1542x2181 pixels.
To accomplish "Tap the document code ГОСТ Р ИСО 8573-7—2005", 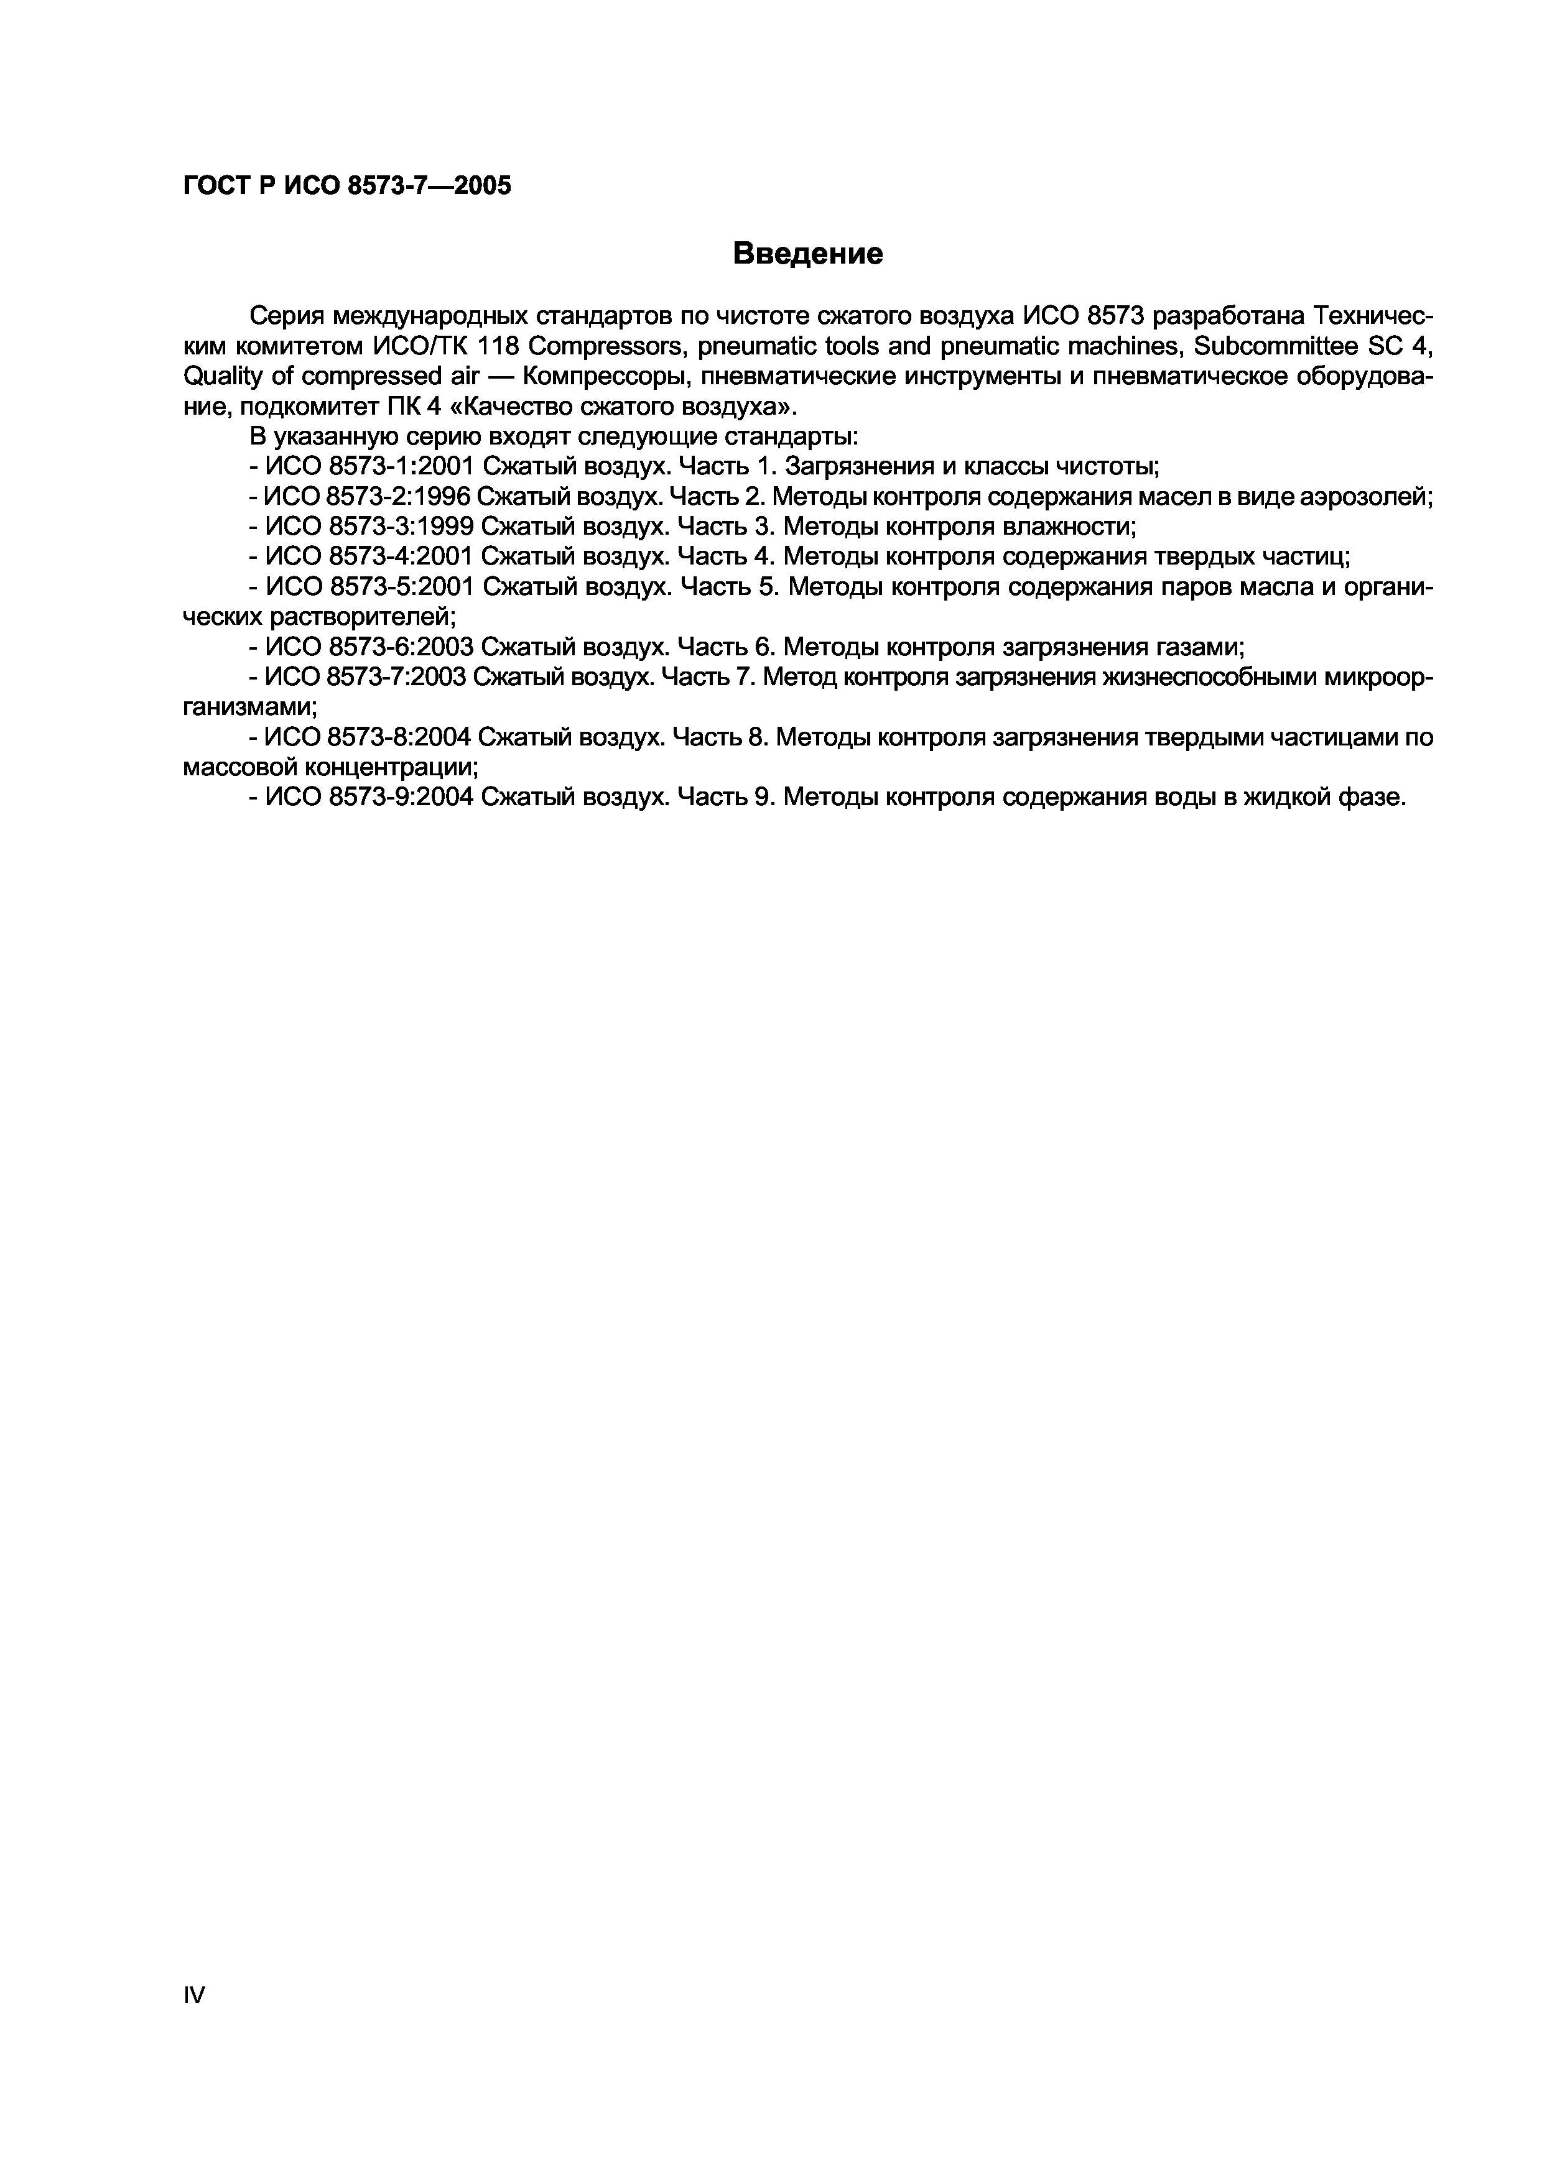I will [347, 185].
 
